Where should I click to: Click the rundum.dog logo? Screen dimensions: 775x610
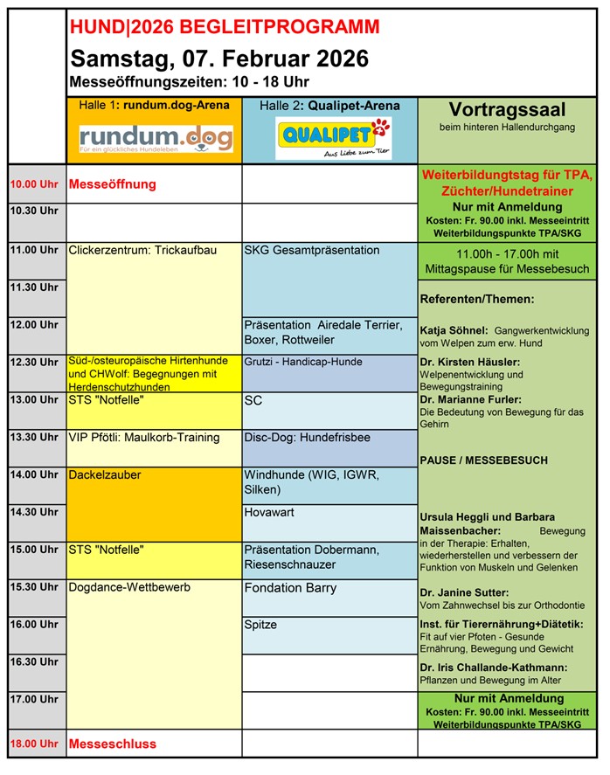pyautogui.click(x=156, y=138)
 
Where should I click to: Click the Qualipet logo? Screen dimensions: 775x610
pyautogui.click(x=332, y=139)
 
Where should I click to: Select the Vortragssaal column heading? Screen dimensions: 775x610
pyautogui.click(x=507, y=111)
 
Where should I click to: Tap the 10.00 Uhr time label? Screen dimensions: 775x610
pyautogui.click(x=34, y=184)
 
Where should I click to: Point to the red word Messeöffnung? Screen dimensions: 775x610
pyautogui.click(x=112, y=184)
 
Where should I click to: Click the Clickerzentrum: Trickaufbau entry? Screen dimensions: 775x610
pyautogui.click(x=142, y=251)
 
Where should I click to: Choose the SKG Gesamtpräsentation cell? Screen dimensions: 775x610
pyautogui.click(x=312, y=251)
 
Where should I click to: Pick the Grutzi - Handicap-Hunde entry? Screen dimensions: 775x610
pyautogui.click(x=303, y=362)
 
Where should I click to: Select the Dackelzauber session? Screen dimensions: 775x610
pyautogui.click(x=105, y=475)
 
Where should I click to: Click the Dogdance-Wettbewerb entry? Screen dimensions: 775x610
pyautogui.click(x=129, y=588)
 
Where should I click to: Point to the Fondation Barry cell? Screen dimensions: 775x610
pyautogui.click(x=290, y=588)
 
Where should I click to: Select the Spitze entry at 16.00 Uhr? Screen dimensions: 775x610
pyautogui.click(x=261, y=626)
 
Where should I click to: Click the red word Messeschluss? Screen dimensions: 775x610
pyautogui.click(x=112, y=744)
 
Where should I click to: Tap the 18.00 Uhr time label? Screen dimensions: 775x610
pyautogui.click(x=34, y=744)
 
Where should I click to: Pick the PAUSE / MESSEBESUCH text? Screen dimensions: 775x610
pyautogui.click(x=483, y=460)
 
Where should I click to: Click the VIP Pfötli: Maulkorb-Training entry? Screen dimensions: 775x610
pyautogui.click(x=144, y=438)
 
